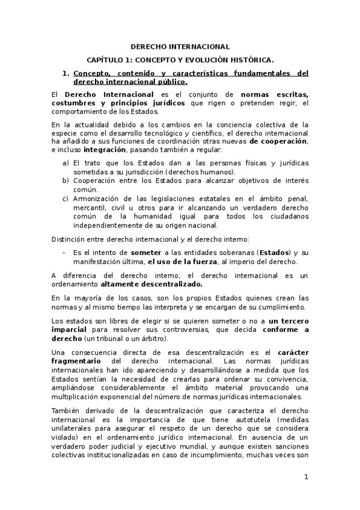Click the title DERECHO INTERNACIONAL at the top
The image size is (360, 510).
(180, 46)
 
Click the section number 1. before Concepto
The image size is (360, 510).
(66, 73)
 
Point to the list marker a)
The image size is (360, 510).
(66, 163)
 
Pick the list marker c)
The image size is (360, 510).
(66, 198)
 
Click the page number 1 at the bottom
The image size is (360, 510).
(306, 477)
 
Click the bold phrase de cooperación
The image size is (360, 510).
(278, 141)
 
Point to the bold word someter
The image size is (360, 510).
(146, 252)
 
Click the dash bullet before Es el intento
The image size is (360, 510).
(65, 252)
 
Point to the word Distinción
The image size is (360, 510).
(67, 239)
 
